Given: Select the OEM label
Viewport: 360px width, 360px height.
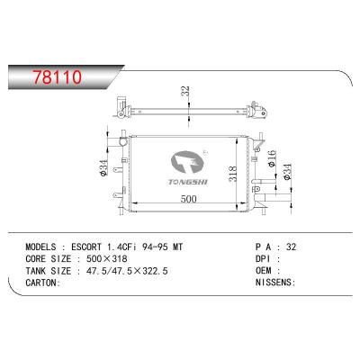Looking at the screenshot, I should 265,268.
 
